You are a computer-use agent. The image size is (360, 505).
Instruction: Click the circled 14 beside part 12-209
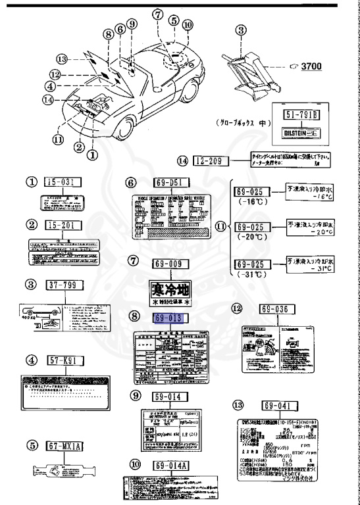182,161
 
